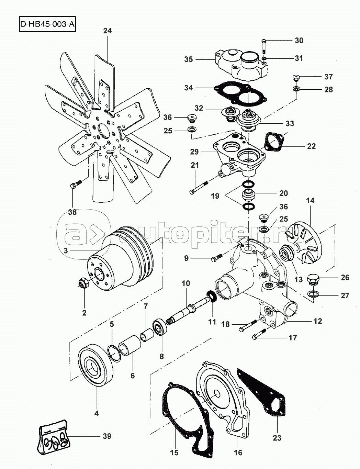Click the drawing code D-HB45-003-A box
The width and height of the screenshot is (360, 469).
tap(47, 25)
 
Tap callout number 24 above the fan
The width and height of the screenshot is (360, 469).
tap(107, 31)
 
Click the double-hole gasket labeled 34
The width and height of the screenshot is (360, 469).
tap(240, 93)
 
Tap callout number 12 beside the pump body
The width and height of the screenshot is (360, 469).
tap(318, 321)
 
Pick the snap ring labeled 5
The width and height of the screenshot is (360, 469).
tap(115, 353)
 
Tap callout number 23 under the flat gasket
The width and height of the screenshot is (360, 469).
tap(277, 438)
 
